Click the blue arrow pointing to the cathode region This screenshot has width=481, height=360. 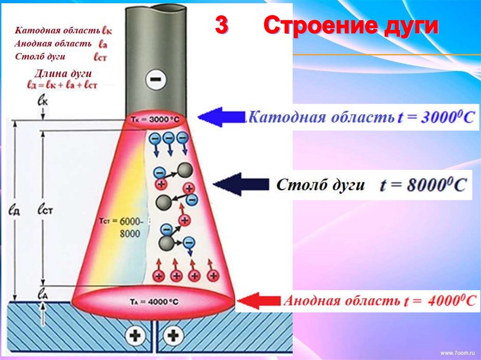(221, 117)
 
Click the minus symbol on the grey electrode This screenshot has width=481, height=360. (154, 79)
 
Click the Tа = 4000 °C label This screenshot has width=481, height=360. (153, 302)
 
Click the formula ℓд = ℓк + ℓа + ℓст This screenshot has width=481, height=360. (62, 84)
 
